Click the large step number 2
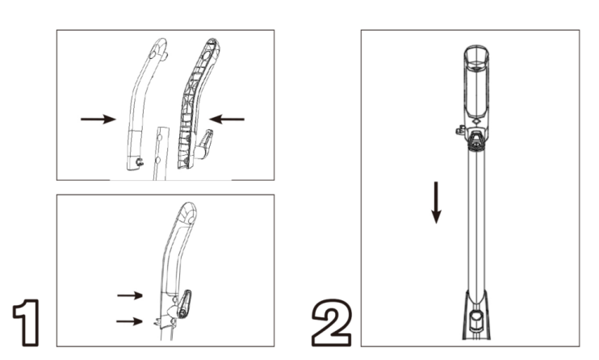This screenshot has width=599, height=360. (332, 323)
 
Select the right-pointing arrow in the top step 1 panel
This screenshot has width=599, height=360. (98, 119)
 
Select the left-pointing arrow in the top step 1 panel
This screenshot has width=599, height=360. (227, 119)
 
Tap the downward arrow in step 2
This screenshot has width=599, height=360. (436, 203)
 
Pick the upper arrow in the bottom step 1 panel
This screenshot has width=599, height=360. (130, 295)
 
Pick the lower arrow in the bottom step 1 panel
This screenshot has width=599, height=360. (129, 321)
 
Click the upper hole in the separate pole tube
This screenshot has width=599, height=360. (160, 136)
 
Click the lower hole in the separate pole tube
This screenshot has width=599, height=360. (157, 159)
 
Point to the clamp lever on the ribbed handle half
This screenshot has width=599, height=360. (204, 144)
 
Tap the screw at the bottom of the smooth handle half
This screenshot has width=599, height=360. (140, 162)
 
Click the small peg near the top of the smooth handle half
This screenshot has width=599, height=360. (165, 57)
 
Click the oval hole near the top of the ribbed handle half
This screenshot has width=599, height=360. (206, 56)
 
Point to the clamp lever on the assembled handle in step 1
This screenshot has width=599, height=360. (184, 303)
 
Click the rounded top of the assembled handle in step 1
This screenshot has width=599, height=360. (187, 211)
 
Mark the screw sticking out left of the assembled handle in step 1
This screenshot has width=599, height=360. (157, 323)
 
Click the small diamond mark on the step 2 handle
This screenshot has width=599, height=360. (475, 122)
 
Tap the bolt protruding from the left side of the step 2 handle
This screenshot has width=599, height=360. (460, 131)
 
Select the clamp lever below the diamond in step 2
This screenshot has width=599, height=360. (476, 140)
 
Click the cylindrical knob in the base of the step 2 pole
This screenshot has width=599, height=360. (476, 321)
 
